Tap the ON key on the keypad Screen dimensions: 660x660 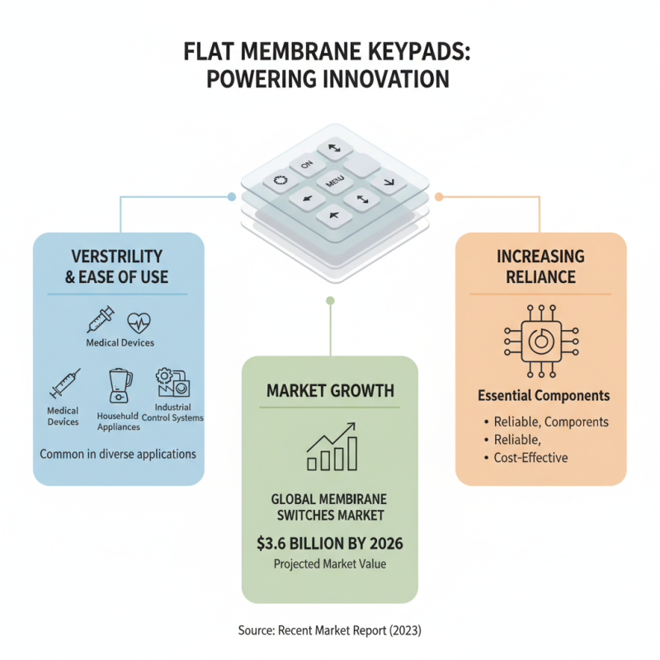[307, 165]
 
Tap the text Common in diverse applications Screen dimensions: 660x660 [118, 454]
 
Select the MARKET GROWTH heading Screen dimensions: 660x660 [329, 389]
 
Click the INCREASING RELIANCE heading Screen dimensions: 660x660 [540, 266]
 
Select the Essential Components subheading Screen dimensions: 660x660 [544, 396]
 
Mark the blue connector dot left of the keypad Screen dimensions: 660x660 [231, 197]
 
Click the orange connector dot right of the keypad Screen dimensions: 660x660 [439, 197]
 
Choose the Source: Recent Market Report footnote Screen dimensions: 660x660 [329, 630]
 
